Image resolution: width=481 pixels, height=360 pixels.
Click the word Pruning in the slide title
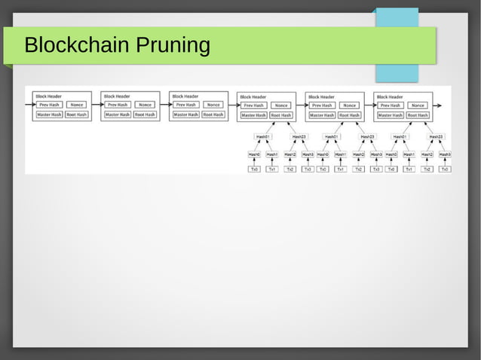click(x=173, y=47)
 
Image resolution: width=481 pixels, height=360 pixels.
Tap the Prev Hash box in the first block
click(x=49, y=105)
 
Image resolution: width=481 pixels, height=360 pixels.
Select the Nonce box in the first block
click(x=77, y=105)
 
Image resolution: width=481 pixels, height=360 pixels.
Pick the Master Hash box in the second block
click(x=118, y=114)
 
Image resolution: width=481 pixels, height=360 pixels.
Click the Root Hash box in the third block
click(x=213, y=114)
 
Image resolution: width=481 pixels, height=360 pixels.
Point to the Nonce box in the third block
click(x=213, y=105)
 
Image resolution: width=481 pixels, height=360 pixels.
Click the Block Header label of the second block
click(x=117, y=96)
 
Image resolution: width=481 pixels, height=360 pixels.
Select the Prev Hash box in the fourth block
click(x=253, y=105)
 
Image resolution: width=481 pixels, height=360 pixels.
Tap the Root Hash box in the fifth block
click(x=349, y=115)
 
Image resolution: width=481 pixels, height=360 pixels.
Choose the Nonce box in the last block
click(x=418, y=105)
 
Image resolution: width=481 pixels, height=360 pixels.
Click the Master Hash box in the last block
click(x=391, y=115)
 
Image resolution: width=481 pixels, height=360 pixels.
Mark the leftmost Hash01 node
click(x=262, y=136)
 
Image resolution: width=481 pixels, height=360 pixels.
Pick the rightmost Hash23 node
click(x=436, y=136)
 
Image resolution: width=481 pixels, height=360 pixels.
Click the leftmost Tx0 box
click(x=254, y=169)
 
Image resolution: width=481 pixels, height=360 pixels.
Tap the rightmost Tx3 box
click(x=445, y=169)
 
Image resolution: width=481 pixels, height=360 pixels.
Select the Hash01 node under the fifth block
click(x=331, y=136)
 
